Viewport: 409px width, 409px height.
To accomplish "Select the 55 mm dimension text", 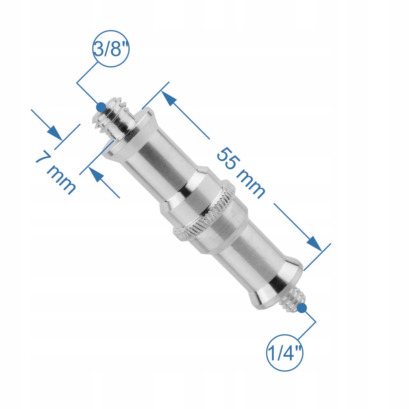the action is [241, 173].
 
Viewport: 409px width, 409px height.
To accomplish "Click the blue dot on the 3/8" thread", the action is [101, 107].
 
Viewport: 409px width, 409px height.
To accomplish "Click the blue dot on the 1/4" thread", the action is [302, 308].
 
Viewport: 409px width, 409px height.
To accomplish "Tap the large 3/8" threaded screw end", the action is [113, 115].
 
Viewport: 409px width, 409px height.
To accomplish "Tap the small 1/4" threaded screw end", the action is [293, 299].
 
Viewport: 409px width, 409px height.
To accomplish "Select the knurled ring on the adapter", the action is [204, 212].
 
